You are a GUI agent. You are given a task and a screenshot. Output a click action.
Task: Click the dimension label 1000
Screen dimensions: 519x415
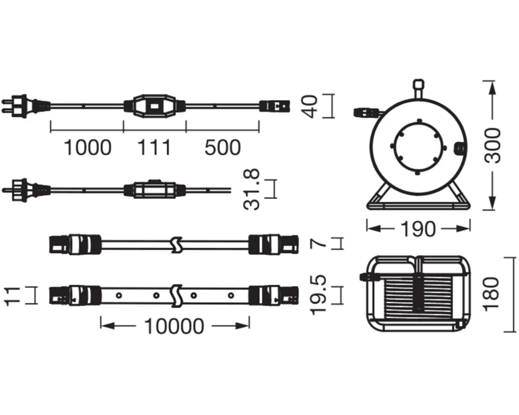87,148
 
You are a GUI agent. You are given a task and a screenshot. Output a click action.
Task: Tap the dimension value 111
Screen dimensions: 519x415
154,148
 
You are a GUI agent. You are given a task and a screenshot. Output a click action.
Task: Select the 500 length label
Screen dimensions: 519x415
223,148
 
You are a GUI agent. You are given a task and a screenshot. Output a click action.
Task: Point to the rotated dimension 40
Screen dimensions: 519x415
310,106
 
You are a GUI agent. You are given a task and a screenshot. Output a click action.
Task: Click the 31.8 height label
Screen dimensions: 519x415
251,189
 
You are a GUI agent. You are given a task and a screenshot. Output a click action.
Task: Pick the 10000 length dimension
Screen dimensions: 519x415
174,326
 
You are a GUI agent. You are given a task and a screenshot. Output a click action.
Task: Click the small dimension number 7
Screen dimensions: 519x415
319,244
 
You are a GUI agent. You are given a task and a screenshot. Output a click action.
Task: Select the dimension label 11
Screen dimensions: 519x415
12,295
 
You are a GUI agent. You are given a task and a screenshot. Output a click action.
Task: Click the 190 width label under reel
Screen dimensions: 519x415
418,229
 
